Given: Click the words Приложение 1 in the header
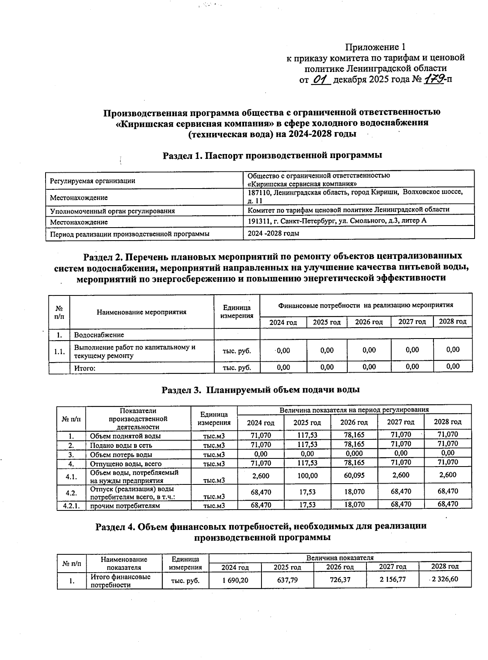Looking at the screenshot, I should [x=375, y=47].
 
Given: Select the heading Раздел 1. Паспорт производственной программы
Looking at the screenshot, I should [x=272, y=155].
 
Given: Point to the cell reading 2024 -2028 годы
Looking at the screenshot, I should [x=274, y=233].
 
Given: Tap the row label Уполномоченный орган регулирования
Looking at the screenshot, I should [x=112, y=211].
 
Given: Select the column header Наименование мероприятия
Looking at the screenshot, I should [x=142, y=312].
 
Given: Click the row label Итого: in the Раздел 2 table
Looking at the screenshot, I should [x=85, y=368].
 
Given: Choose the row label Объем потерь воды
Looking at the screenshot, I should [x=121, y=454].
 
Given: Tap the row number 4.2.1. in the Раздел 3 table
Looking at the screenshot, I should [x=71, y=506].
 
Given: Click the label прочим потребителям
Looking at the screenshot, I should [x=125, y=506].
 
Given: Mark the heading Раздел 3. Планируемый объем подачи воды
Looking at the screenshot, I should [x=261, y=390].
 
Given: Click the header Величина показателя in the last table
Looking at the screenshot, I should [x=340, y=558].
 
